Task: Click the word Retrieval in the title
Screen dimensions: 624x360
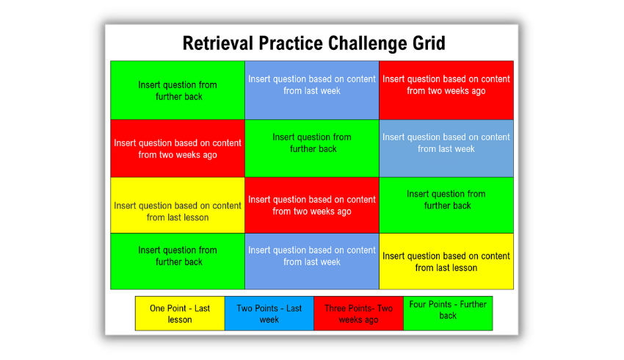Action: tap(218, 43)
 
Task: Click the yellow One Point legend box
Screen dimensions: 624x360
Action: tap(180, 314)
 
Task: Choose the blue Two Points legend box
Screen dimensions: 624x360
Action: tap(269, 314)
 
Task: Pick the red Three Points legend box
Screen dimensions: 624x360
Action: tap(358, 314)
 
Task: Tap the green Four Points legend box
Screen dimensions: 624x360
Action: tap(448, 314)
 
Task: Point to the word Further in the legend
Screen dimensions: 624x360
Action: tap(474, 304)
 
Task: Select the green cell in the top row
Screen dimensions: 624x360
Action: tap(178, 90)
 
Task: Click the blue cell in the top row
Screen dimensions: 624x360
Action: tap(312, 90)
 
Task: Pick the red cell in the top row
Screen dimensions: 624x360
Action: tap(446, 90)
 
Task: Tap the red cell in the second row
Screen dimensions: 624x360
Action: tap(178, 148)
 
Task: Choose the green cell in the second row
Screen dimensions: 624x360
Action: tap(312, 148)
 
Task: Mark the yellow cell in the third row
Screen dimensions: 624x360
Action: tap(178, 206)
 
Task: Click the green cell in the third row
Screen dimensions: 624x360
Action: tap(446, 206)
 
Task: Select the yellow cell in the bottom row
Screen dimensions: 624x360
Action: tap(446, 262)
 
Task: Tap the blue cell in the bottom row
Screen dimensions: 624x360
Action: tap(312, 262)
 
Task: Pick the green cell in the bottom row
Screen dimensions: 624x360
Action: tap(178, 262)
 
